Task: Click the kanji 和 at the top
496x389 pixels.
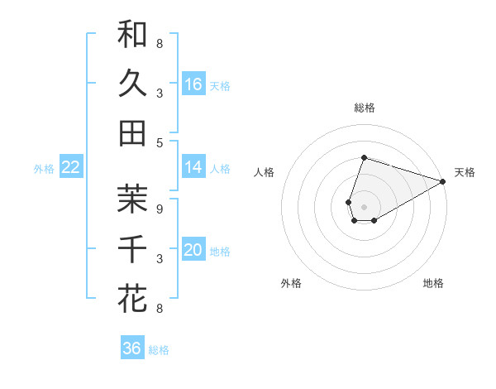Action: tap(132, 35)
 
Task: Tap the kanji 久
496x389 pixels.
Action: tap(132, 84)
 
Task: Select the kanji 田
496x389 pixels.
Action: tap(132, 132)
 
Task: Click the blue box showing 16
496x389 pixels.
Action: tap(193, 84)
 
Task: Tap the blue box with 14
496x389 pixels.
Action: tap(193, 167)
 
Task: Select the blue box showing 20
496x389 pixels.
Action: tap(193, 250)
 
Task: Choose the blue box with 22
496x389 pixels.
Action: tap(71, 167)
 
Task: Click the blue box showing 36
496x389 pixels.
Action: tap(132, 348)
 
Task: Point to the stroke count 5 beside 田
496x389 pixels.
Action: tap(160, 142)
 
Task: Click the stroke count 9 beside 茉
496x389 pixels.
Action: tap(160, 209)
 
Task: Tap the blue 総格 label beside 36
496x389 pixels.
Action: tap(159, 350)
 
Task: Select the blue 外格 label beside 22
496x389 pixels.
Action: tap(44, 169)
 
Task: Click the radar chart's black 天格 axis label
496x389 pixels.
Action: tap(465, 172)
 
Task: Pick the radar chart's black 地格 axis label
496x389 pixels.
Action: tap(433, 284)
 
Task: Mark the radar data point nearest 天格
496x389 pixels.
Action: tap(443, 181)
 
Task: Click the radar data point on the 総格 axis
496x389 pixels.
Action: tap(364, 157)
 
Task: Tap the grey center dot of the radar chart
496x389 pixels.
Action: tap(364, 204)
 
